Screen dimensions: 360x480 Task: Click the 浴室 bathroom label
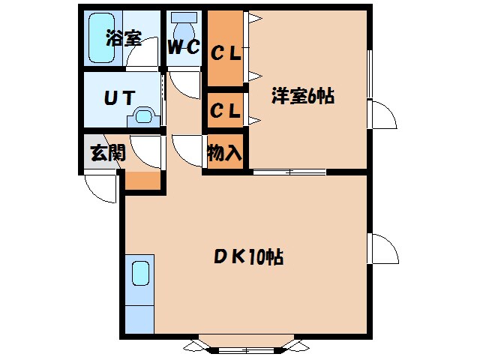[124, 38]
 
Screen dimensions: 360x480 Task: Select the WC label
[183, 48]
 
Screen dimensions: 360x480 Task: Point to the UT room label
[118, 97]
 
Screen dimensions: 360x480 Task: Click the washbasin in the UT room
[143, 116]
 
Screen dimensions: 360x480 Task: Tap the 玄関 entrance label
[106, 154]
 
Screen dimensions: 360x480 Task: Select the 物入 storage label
[223, 154]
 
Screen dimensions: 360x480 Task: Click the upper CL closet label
[225, 53]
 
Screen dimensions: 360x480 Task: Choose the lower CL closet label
[225, 111]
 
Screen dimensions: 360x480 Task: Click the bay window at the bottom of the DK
[247, 346]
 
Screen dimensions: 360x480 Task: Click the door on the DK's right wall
[383, 247]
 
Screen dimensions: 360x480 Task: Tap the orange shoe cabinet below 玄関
[142, 180]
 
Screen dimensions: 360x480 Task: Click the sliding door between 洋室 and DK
[289, 172]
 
